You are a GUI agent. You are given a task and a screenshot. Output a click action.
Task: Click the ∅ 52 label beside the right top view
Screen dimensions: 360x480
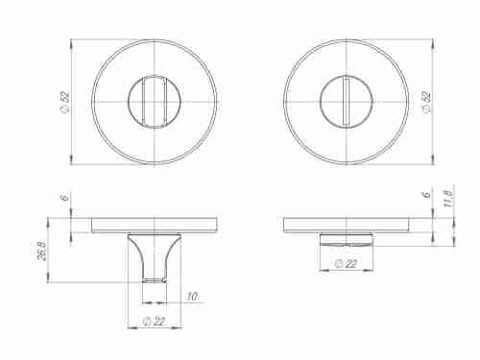point(426,102)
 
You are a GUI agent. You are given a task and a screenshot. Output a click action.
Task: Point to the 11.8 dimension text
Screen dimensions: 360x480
point(448,199)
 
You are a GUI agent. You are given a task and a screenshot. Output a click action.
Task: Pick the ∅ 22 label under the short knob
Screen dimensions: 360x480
point(345,263)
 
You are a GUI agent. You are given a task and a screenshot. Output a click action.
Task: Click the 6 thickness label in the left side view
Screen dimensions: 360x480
point(64,199)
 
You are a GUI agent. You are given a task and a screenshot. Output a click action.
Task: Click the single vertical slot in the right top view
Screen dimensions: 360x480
point(346,102)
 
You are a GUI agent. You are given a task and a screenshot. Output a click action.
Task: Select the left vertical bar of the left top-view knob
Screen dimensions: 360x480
point(144,102)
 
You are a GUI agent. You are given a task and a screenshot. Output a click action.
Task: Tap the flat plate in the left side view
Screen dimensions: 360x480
point(155,226)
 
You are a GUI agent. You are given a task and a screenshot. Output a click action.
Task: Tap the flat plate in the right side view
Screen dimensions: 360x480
point(347,226)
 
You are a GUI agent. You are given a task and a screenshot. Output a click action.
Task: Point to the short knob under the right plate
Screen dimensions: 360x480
point(346,238)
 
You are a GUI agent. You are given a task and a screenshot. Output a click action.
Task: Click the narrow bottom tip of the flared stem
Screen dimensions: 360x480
point(155,280)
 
